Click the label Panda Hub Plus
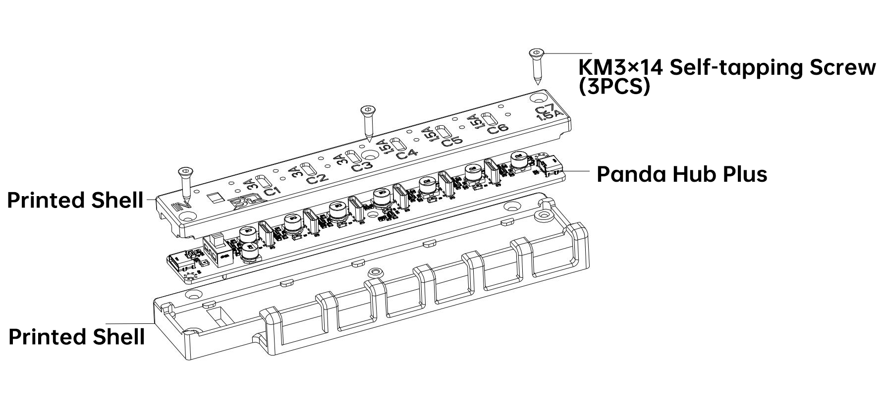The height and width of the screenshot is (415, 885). pos(681,174)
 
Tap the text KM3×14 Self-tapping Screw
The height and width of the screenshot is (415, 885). pos(727,67)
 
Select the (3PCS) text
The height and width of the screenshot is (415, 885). pos(614,87)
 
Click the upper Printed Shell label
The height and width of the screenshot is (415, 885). pos(75,200)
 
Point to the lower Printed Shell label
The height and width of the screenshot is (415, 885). pos(77,337)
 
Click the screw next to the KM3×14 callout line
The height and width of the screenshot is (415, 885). pos(537,66)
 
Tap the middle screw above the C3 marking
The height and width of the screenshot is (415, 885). pos(368,123)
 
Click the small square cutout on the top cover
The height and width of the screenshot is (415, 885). pos(215,198)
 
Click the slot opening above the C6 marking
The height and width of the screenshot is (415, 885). pos(490,119)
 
